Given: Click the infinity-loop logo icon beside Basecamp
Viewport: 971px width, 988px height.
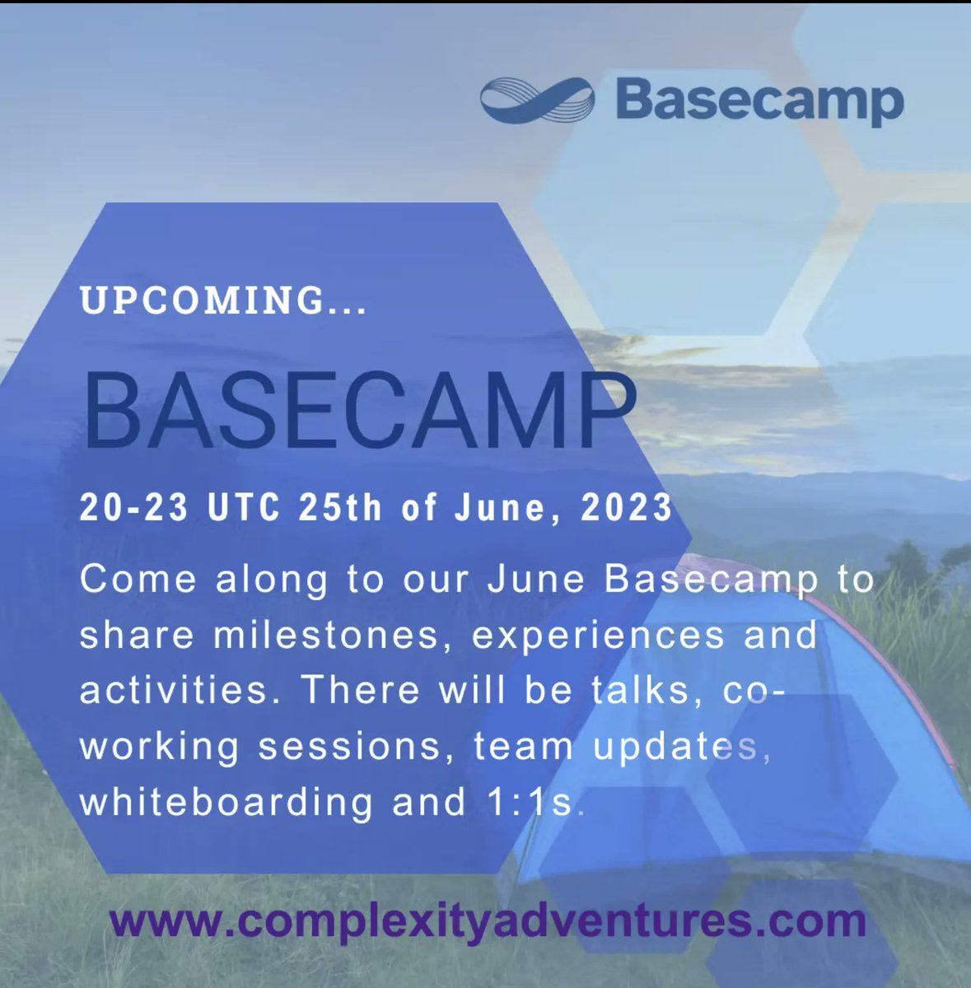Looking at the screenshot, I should (536, 101).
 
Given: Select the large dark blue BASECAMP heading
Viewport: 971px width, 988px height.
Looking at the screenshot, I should (360, 412).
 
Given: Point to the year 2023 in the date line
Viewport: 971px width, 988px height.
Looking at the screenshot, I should (627, 508).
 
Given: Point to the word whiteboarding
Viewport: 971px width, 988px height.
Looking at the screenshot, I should (226, 802).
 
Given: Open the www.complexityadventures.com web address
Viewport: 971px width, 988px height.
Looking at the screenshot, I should (487, 920).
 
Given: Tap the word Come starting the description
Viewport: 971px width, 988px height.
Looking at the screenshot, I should (138, 580).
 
